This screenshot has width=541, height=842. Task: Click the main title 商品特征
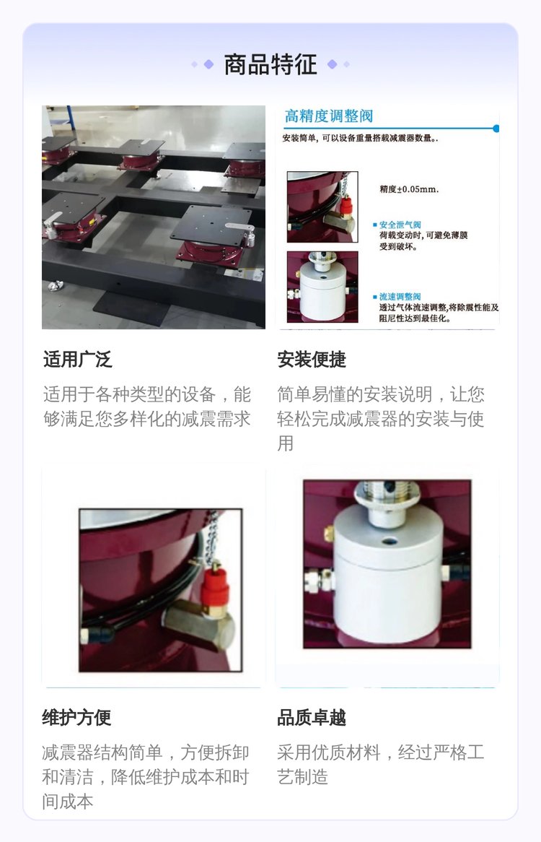coord(270,64)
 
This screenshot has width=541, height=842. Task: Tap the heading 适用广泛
coord(78,359)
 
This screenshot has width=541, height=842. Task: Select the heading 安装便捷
coord(312,359)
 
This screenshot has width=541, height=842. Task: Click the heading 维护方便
coord(76,717)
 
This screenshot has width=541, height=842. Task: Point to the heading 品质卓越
coord(312,717)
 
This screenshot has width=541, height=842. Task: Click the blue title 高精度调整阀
coord(329,116)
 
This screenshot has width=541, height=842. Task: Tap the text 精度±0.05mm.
coord(409,189)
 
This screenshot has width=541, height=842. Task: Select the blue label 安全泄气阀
coord(400,225)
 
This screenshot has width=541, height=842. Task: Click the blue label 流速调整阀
coord(400,296)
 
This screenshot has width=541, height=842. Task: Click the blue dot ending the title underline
coord(496,129)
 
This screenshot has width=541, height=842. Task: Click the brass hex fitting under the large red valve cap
coord(198,625)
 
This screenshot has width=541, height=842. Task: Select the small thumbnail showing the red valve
coord(322,207)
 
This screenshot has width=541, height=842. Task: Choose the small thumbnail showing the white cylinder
coord(322,287)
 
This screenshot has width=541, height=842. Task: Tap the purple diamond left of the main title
coord(209,64)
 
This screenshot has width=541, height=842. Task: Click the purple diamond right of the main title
coord(333,64)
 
